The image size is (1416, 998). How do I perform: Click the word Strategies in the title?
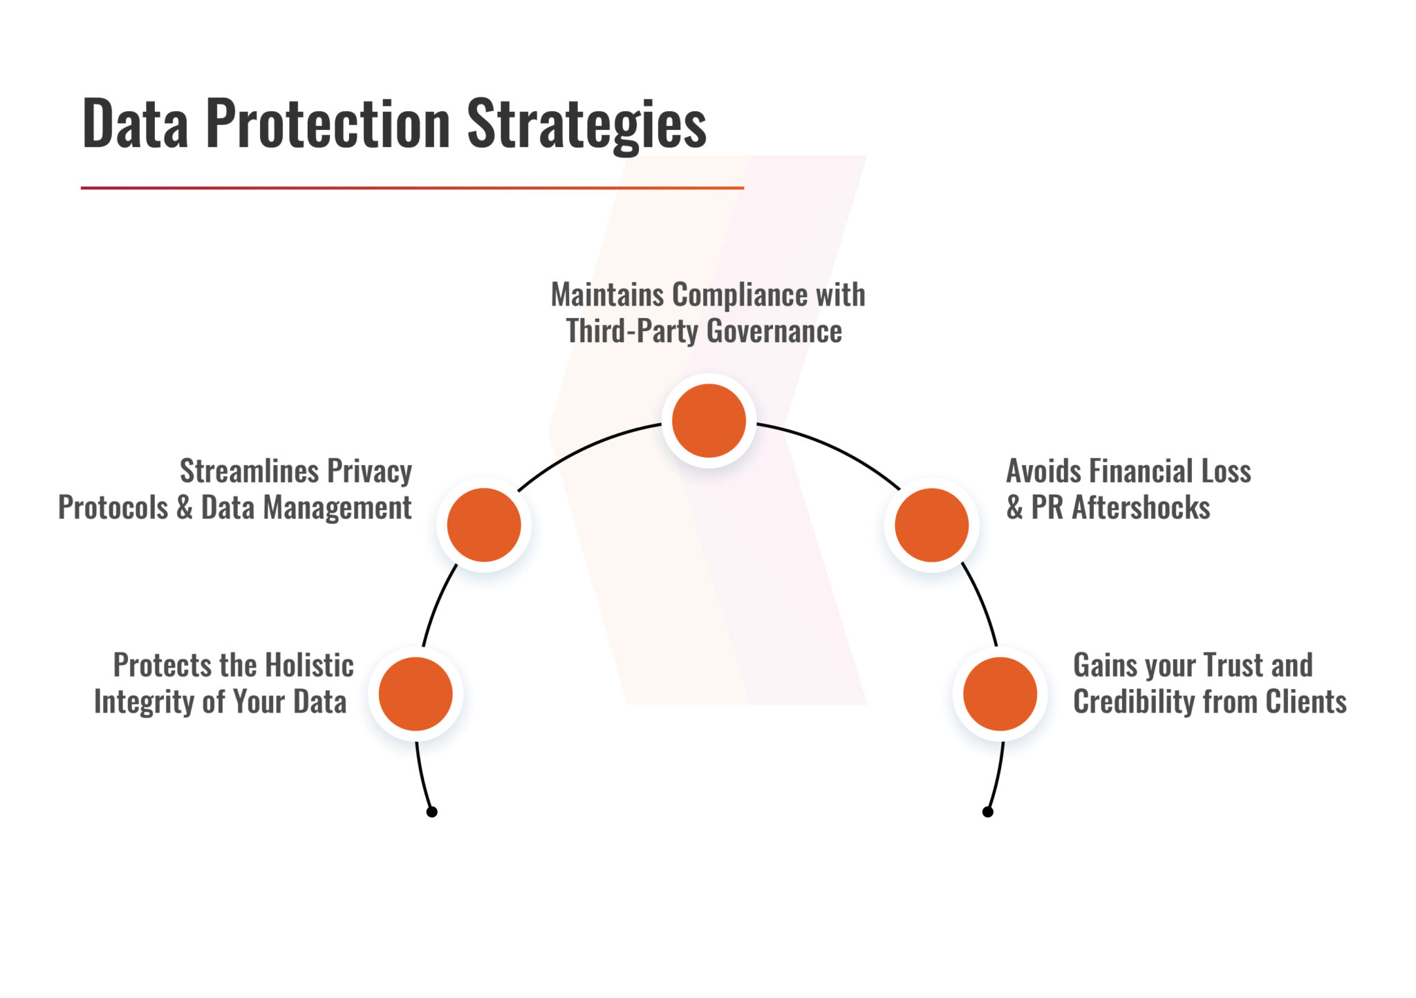[586, 124]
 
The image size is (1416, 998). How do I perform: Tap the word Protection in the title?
[328, 124]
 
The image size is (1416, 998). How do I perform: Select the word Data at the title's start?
[135, 124]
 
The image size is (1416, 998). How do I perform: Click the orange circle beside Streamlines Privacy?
[484, 525]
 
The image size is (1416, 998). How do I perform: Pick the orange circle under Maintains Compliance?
[709, 420]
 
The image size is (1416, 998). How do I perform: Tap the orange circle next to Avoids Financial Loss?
[931, 525]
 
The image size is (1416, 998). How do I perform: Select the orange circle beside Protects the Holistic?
[416, 693]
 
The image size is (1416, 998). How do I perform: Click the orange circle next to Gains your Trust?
[1000, 693]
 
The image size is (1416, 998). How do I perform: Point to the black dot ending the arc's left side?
[431, 811]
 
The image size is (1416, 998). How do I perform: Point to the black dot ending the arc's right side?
[987, 811]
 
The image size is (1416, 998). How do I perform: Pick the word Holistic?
[309, 666]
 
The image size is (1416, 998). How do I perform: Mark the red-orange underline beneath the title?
[412, 187]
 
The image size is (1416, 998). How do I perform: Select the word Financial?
[1142, 471]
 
